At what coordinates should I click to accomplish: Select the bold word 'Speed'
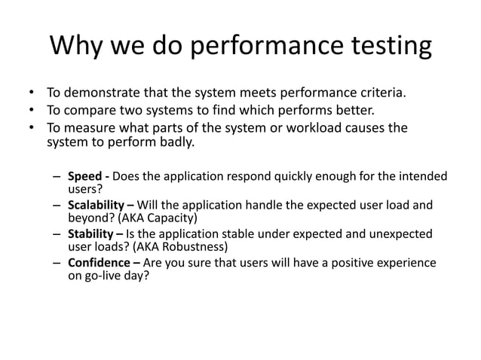[x=85, y=177]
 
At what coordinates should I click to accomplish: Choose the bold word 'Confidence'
[x=99, y=263]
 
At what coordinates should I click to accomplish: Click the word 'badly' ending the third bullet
[x=175, y=142]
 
